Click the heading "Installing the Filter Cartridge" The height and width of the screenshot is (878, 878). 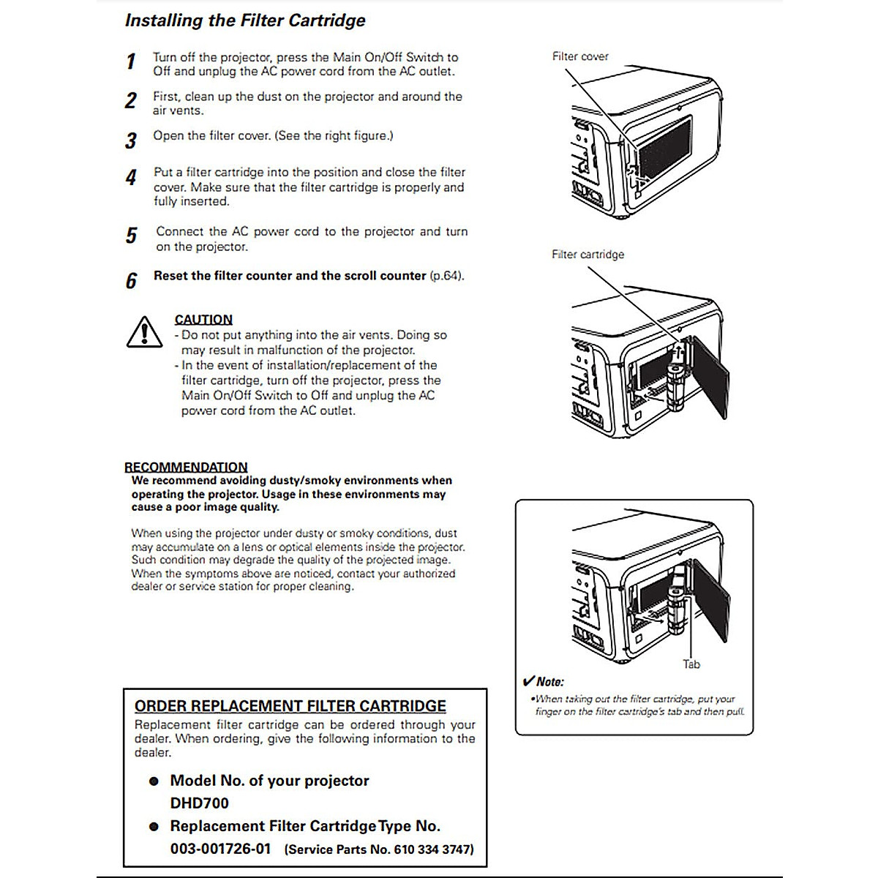(x=245, y=20)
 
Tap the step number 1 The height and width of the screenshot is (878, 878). (x=131, y=62)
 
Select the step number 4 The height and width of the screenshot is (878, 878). (x=131, y=178)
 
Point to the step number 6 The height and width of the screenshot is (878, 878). (x=131, y=281)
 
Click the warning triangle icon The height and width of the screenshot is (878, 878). (x=145, y=332)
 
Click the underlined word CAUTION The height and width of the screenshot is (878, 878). (x=203, y=320)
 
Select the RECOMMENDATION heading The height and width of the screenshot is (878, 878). (x=186, y=467)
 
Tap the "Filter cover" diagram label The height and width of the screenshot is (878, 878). (x=580, y=56)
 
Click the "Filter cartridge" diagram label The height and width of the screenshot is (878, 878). (x=588, y=255)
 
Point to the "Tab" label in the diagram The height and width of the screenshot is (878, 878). (x=691, y=664)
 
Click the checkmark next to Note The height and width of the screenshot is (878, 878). (x=528, y=682)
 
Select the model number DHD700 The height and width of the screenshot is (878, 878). (x=199, y=803)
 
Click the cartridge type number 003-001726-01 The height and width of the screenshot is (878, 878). (x=220, y=849)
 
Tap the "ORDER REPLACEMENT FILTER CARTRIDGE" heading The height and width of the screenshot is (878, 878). (x=290, y=706)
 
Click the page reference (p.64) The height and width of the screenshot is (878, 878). (x=446, y=276)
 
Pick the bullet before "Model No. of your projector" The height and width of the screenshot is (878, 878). (x=154, y=781)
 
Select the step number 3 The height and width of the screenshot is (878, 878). (x=131, y=140)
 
